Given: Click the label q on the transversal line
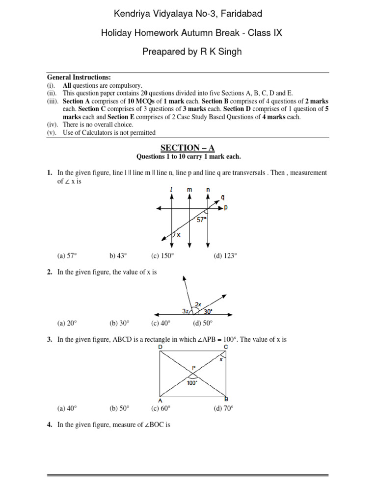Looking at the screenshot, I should tap(223, 198).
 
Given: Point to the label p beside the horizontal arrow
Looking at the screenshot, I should tap(226, 208).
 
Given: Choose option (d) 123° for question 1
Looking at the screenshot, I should tap(225, 255).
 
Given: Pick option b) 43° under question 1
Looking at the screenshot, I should tap(118, 255).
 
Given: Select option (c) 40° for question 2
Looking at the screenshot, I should tap(161, 324).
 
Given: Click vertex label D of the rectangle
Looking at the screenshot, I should tap(160, 348).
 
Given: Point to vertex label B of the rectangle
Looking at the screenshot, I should tap(226, 399).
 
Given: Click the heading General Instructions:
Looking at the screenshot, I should tap(79, 77).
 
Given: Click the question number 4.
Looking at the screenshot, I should tap(50, 426).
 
